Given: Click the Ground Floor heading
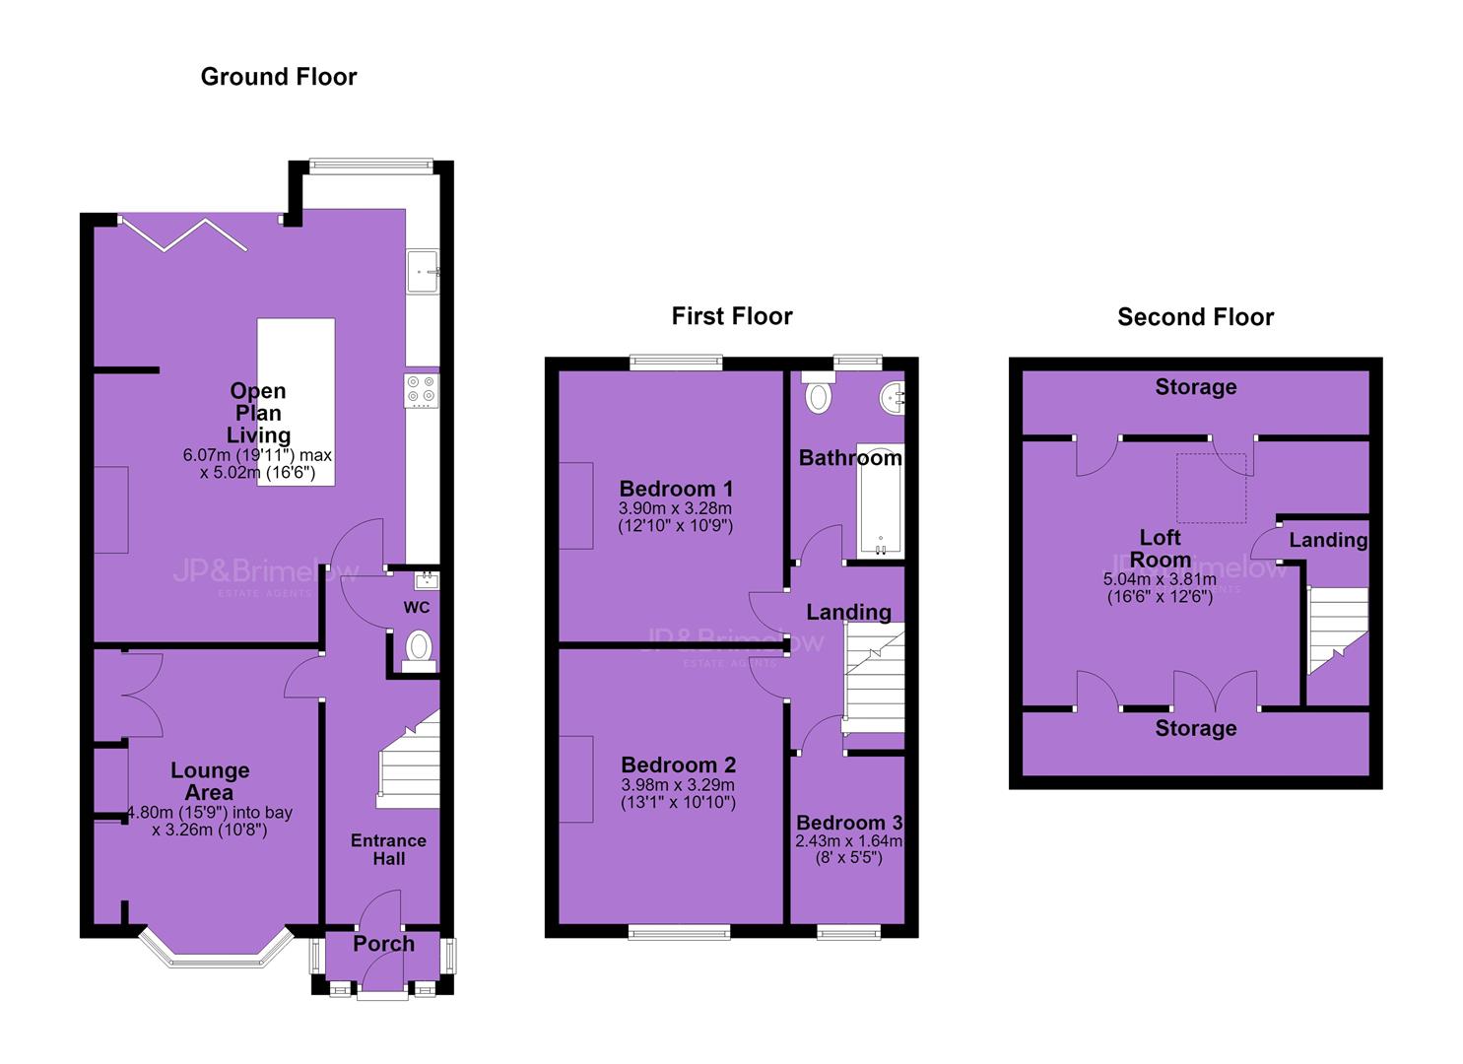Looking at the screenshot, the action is tap(279, 77).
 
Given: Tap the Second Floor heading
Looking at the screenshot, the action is tap(1195, 317).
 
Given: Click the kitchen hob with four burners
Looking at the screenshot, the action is tap(422, 390).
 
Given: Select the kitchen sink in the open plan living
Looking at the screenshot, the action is tap(423, 271).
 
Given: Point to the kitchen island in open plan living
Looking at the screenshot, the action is tap(296, 402).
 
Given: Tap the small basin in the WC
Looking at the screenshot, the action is tap(427, 579).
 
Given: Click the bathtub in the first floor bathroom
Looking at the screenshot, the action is tap(880, 502).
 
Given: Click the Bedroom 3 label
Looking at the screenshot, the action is tap(848, 823).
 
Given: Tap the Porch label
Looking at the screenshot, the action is tap(384, 944).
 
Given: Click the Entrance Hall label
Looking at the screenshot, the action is tap(388, 850).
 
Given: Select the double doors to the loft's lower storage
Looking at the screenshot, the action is tap(1215, 689).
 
